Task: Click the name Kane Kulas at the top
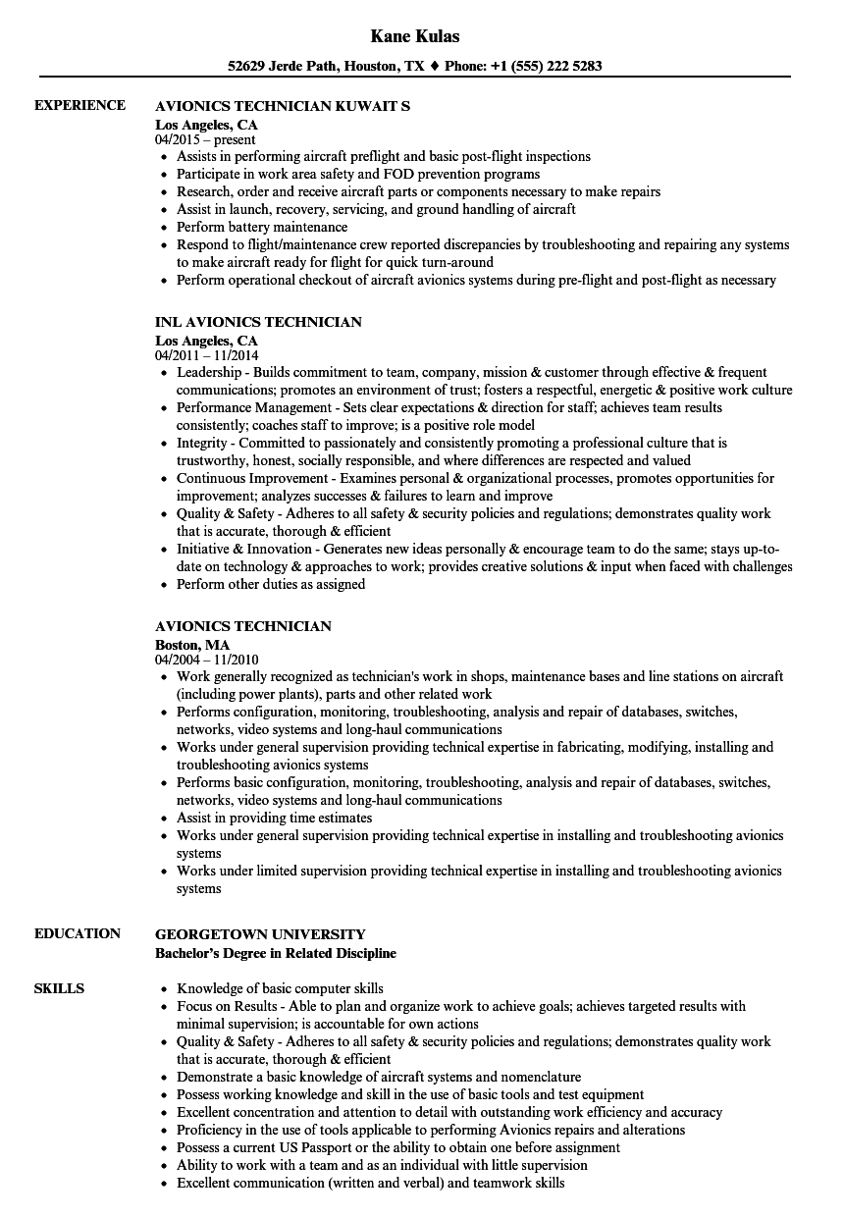pos(415,36)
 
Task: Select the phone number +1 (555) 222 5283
pos(546,67)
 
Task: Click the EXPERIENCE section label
pos(79,105)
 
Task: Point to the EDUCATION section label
pos(78,933)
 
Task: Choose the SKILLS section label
pos(59,988)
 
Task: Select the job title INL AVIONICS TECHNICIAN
pos(258,322)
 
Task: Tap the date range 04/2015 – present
pos(205,140)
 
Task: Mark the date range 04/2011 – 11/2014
pos(207,356)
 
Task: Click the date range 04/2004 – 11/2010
pos(207,661)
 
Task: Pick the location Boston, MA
pos(192,645)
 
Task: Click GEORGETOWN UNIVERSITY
pos(260,934)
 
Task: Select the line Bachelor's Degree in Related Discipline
pos(276,953)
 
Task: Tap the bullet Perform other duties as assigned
pos(271,584)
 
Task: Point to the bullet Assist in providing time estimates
pos(274,818)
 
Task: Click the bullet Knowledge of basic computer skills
pos(280,988)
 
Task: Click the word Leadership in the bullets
pos(208,372)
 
